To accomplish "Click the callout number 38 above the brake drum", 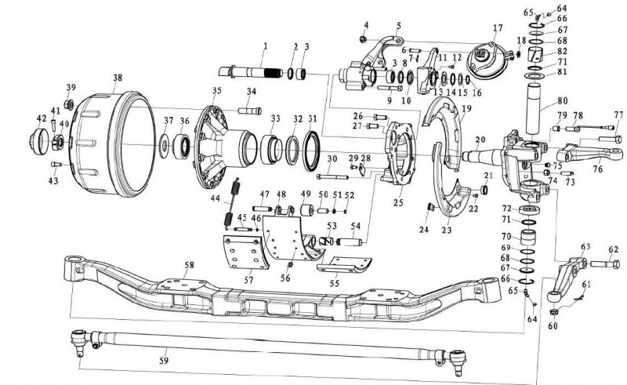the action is coord(117,78).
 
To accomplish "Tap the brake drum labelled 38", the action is coord(114,144).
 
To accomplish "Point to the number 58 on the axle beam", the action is coord(189,265).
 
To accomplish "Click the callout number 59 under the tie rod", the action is coord(164,361).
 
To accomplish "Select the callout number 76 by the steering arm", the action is coord(597,169).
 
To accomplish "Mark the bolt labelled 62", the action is coord(604,264).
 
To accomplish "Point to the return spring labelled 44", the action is coord(232,203).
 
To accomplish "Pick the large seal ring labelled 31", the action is coord(311,151).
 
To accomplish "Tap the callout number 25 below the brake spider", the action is coord(398,202).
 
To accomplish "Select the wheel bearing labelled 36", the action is coord(183,147).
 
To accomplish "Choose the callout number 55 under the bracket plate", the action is coord(335,283).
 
